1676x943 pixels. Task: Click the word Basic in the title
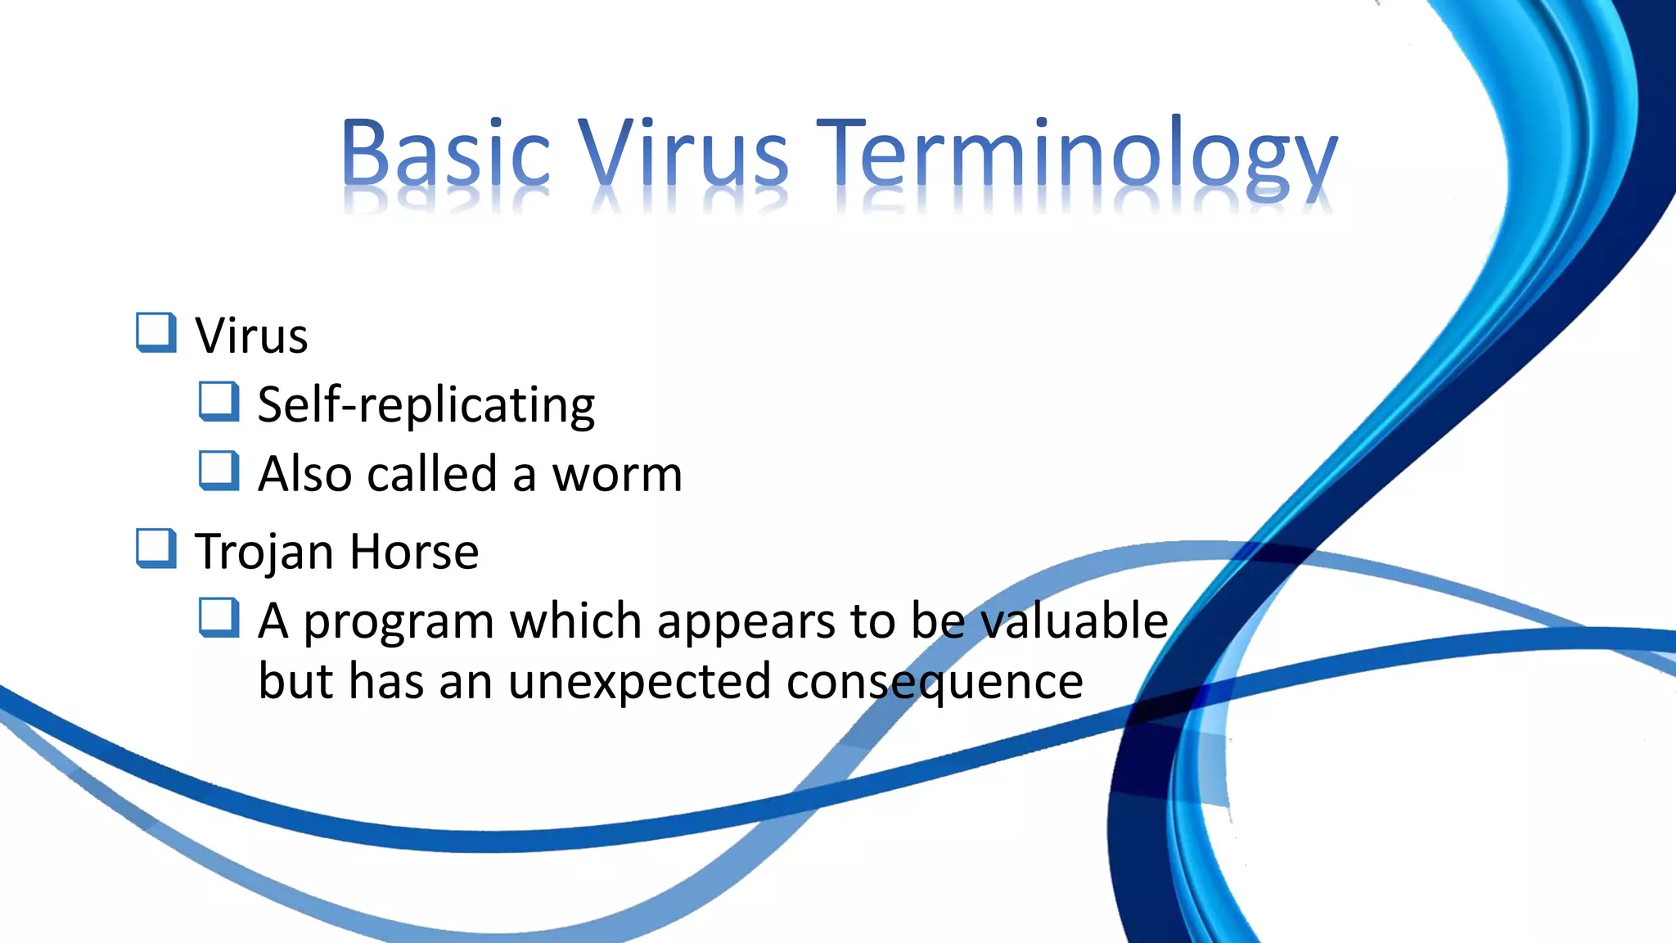pyautogui.click(x=446, y=153)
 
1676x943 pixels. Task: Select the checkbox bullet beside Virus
pyautogui.click(x=155, y=332)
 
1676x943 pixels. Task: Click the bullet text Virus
pyautogui.click(x=251, y=336)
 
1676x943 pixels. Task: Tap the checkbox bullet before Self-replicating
pyautogui.click(x=219, y=402)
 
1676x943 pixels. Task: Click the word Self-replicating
pyautogui.click(x=426, y=404)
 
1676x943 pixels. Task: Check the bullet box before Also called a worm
pyautogui.click(x=219, y=471)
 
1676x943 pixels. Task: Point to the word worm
pyautogui.click(x=617, y=475)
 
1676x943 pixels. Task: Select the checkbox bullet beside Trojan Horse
pyautogui.click(x=155, y=548)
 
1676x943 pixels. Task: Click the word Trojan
pyautogui.click(x=264, y=552)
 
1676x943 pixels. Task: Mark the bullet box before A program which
pyautogui.click(x=219, y=617)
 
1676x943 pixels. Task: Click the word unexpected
pyautogui.click(x=639, y=681)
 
